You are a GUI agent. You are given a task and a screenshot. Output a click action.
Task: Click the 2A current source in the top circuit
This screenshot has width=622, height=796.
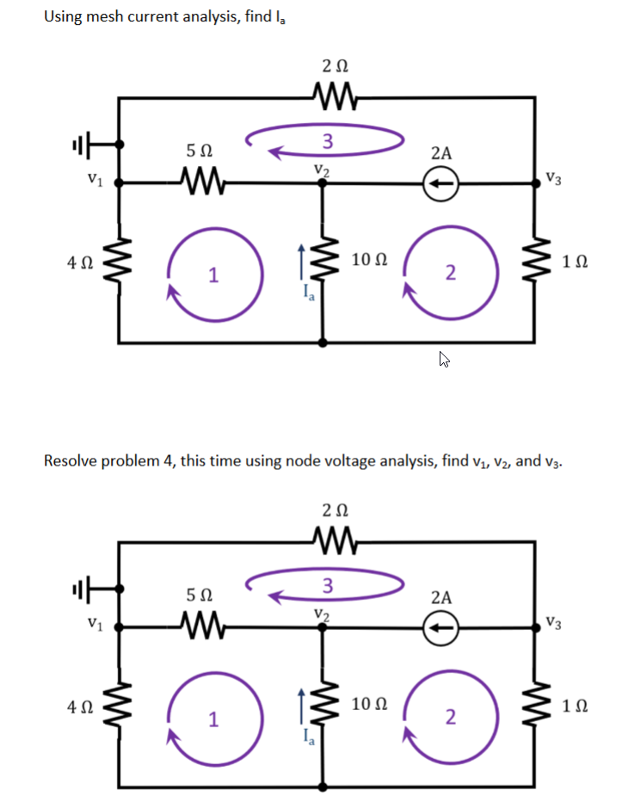pos(440,182)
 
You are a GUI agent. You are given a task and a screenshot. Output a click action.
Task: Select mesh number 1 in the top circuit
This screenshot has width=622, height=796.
pos(212,275)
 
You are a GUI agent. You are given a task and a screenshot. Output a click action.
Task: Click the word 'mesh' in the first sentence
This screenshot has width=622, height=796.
pos(99,15)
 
